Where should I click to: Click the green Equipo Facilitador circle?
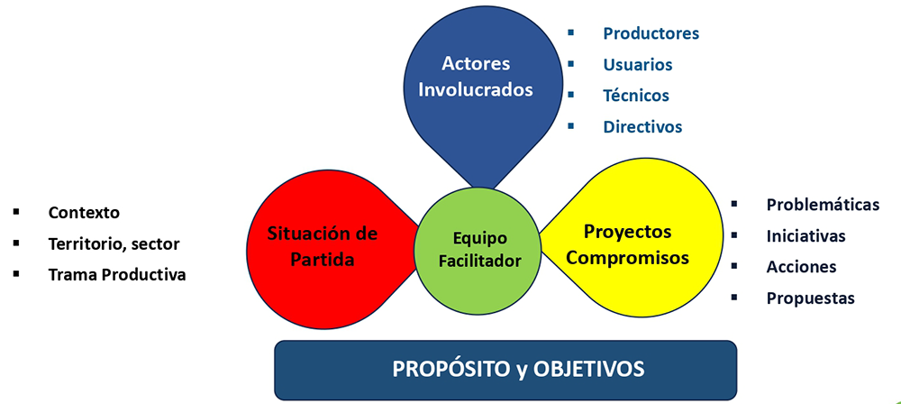(477, 251)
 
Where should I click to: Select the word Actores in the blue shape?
(476, 63)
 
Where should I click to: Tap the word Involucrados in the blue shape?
(476, 90)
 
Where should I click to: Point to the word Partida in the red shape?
(322, 260)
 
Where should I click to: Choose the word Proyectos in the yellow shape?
(627, 232)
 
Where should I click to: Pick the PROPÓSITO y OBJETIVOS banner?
(505, 370)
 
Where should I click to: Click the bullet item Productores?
(651, 33)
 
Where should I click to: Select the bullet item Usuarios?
(638, 64)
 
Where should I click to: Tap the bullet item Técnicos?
(636, 95)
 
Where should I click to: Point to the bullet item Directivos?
(642, 126)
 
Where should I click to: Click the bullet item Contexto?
(84, 212)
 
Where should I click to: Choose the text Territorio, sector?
(114, 244)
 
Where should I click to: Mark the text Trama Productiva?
(117, 275)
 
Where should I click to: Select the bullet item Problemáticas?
(823, 205)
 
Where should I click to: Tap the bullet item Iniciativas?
(805, 235)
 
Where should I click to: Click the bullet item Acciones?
(801, 266)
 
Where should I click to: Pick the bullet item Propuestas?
(810, 298)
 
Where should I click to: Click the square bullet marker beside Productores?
(570, 32)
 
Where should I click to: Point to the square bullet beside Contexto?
(16, 211)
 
